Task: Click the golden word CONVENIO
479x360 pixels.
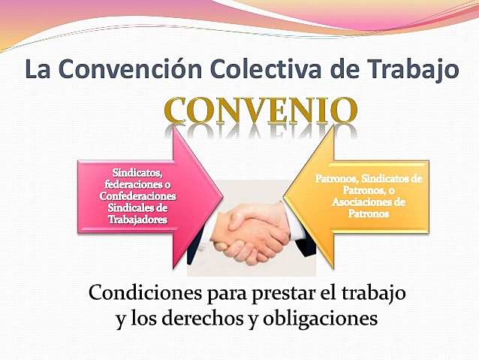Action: [x=260, y=110]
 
